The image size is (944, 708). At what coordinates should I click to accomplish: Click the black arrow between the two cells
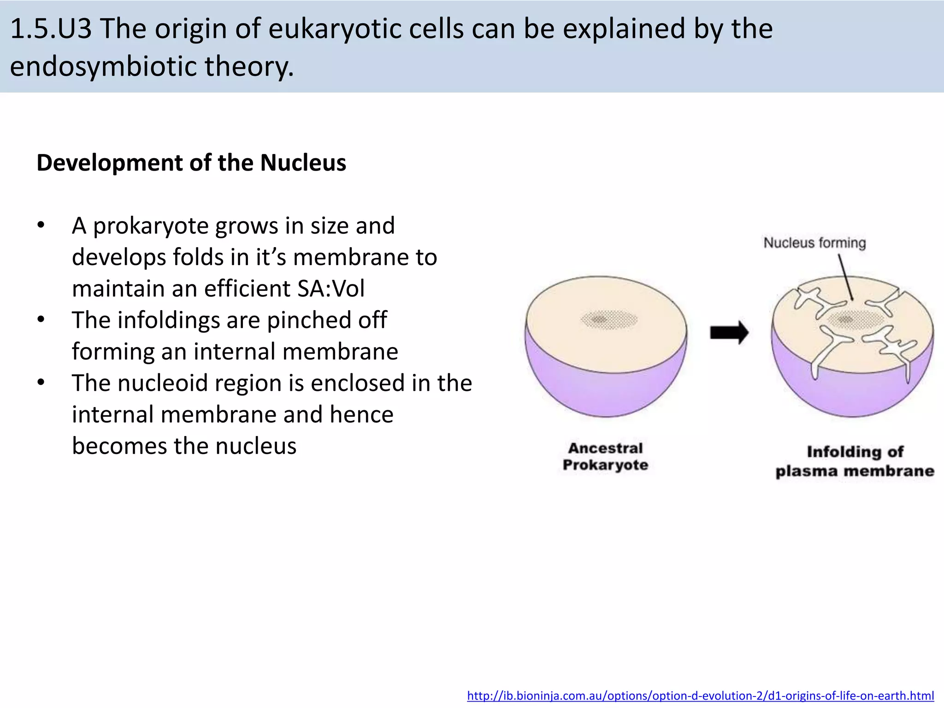pyautogui.click(x=729, y=332)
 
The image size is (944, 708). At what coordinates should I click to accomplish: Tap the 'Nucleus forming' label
pyautogui.click(x=814, y=242)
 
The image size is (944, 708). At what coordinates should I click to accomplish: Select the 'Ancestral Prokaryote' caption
pyautogui.click(x=605, y=456)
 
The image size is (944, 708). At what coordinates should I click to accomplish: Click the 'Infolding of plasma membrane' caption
pyautogui.click(x=855, y=461)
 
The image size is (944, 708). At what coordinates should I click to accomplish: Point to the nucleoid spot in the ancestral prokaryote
pyautogui.click(x=609, y=319)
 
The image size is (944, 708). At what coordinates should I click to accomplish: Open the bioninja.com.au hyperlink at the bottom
pyautogui.click(x=700, y=696)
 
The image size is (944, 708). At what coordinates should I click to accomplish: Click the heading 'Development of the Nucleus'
pyautogui.click(x=191, y=163)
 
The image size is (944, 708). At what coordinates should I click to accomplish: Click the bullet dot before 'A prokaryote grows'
pyautogui.click(x=41, y=225)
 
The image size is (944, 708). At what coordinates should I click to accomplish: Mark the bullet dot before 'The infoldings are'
pyautogui.click(x=41, y=320)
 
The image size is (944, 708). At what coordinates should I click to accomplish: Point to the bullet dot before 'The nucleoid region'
pyautogui.click(x=41, y=383)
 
